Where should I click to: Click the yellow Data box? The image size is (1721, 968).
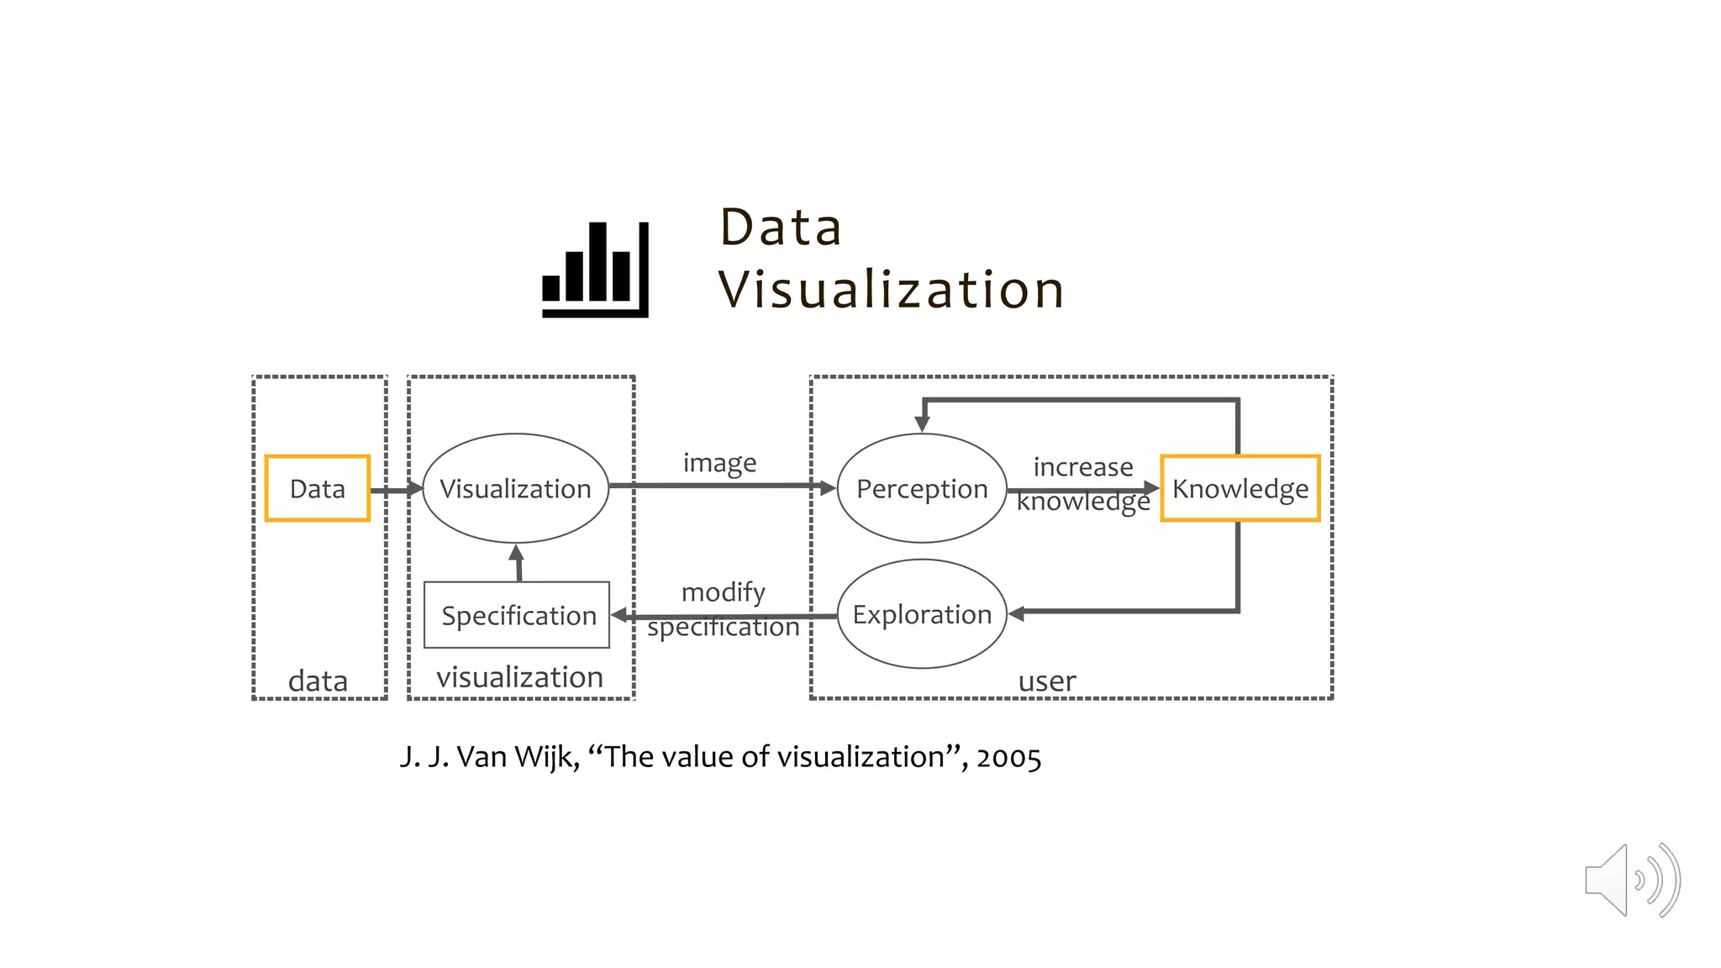tap(317, 488)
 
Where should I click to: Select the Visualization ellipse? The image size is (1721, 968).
tap(515, 488)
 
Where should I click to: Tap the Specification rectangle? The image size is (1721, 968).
tap(517, 615)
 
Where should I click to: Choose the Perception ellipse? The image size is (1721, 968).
tap(922, 488)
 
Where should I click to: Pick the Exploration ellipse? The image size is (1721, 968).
tap(922, 614)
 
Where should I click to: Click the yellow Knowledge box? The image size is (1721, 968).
tap(1239, 488)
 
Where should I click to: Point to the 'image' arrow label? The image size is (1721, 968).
tap(719, 463)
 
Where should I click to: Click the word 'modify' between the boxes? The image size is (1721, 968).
tap(723, 592)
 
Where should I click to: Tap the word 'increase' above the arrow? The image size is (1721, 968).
tap(1082, 466)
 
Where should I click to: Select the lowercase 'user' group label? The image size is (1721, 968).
tap(1046, 681)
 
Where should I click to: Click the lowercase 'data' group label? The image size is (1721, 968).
tap(318, 681)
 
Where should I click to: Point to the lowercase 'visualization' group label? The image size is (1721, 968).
tap(519, 677)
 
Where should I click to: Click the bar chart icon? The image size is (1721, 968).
tap(595, 269)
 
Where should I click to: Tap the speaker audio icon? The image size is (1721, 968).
tap(1631, 880)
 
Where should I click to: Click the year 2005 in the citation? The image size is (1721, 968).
tap(1008, 757)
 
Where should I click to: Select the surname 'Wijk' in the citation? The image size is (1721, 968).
tap(546, 757)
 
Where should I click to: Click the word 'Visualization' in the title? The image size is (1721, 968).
tap(891, 290)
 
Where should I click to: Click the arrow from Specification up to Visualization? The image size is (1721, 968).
tap(518, 563)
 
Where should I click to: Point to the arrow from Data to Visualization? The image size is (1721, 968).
tap(396, 489)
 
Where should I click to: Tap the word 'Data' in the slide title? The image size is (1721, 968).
tap(781, 227)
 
